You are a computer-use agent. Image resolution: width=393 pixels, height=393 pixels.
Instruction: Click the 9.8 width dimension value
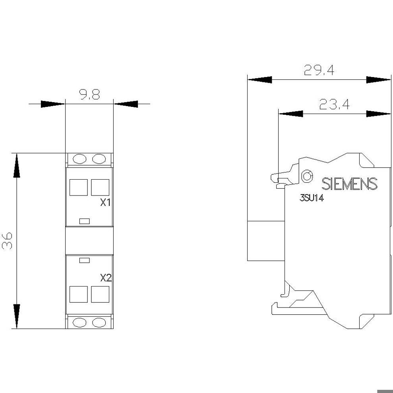pyautogui.click(x=90, y=95)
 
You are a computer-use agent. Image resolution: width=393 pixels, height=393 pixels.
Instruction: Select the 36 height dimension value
pyautogui.click(x=7, y=241)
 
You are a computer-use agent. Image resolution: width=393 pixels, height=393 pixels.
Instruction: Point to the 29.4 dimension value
pyautogui.click(x=319, y=70)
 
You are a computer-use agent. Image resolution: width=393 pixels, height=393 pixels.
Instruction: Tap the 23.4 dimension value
pyautogui.click(x=334, y=104)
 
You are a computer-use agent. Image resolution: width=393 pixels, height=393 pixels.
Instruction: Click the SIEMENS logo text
pyautogui.click(x=349, y=184)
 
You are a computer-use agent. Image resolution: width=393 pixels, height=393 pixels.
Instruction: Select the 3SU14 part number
pyautogui.click(x=312, y=198)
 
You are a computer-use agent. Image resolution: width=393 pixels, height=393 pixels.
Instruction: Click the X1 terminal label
pyautogui.click(x=105, y=203)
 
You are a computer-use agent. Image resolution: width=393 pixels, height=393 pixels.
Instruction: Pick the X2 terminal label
pyautogui.click(x=106, y=278)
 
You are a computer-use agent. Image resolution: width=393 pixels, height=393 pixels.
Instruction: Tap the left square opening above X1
pyautogui.click(x=78, y=187)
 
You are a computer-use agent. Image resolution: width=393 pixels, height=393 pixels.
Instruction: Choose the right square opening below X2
pyautogui.click(x=100, y=294)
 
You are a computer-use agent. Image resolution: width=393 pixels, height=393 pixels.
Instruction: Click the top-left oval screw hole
pyautogui.click(x=79, y=159)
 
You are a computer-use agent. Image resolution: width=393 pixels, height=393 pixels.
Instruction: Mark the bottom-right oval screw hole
pyautogui.click(x=99, y=323)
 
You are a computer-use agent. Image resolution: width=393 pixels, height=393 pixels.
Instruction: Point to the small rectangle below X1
pyautogui.click(x=85, y=221)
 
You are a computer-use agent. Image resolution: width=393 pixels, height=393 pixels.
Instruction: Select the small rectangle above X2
pyautogui.click(x=85, y=260)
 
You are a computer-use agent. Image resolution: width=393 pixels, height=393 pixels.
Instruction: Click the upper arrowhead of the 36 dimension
pyautogui.click(x=17, y=165)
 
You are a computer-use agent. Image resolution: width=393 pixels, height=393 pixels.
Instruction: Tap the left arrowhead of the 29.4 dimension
pyautogui.click(x=259, y=80)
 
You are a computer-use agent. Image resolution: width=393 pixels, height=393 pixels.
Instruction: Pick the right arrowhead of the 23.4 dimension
pyautogui.click(x=378, y=114)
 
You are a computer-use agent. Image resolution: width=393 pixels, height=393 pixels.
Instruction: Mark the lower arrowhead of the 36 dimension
pyautogui.click(x=17, y=316)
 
